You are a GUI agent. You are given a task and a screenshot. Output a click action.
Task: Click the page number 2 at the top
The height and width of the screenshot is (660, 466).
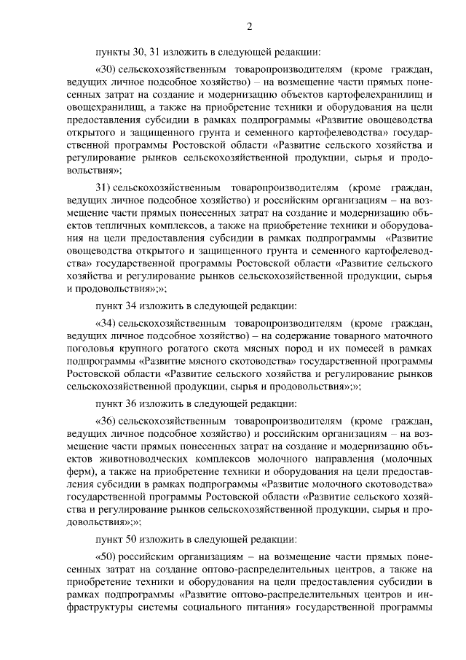click(x=249, y=28)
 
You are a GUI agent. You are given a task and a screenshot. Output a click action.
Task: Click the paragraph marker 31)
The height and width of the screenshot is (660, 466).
click(x=103, y=185)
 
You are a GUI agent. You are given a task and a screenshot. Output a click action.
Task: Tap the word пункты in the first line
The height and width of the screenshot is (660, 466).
click(x=112, y=52)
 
